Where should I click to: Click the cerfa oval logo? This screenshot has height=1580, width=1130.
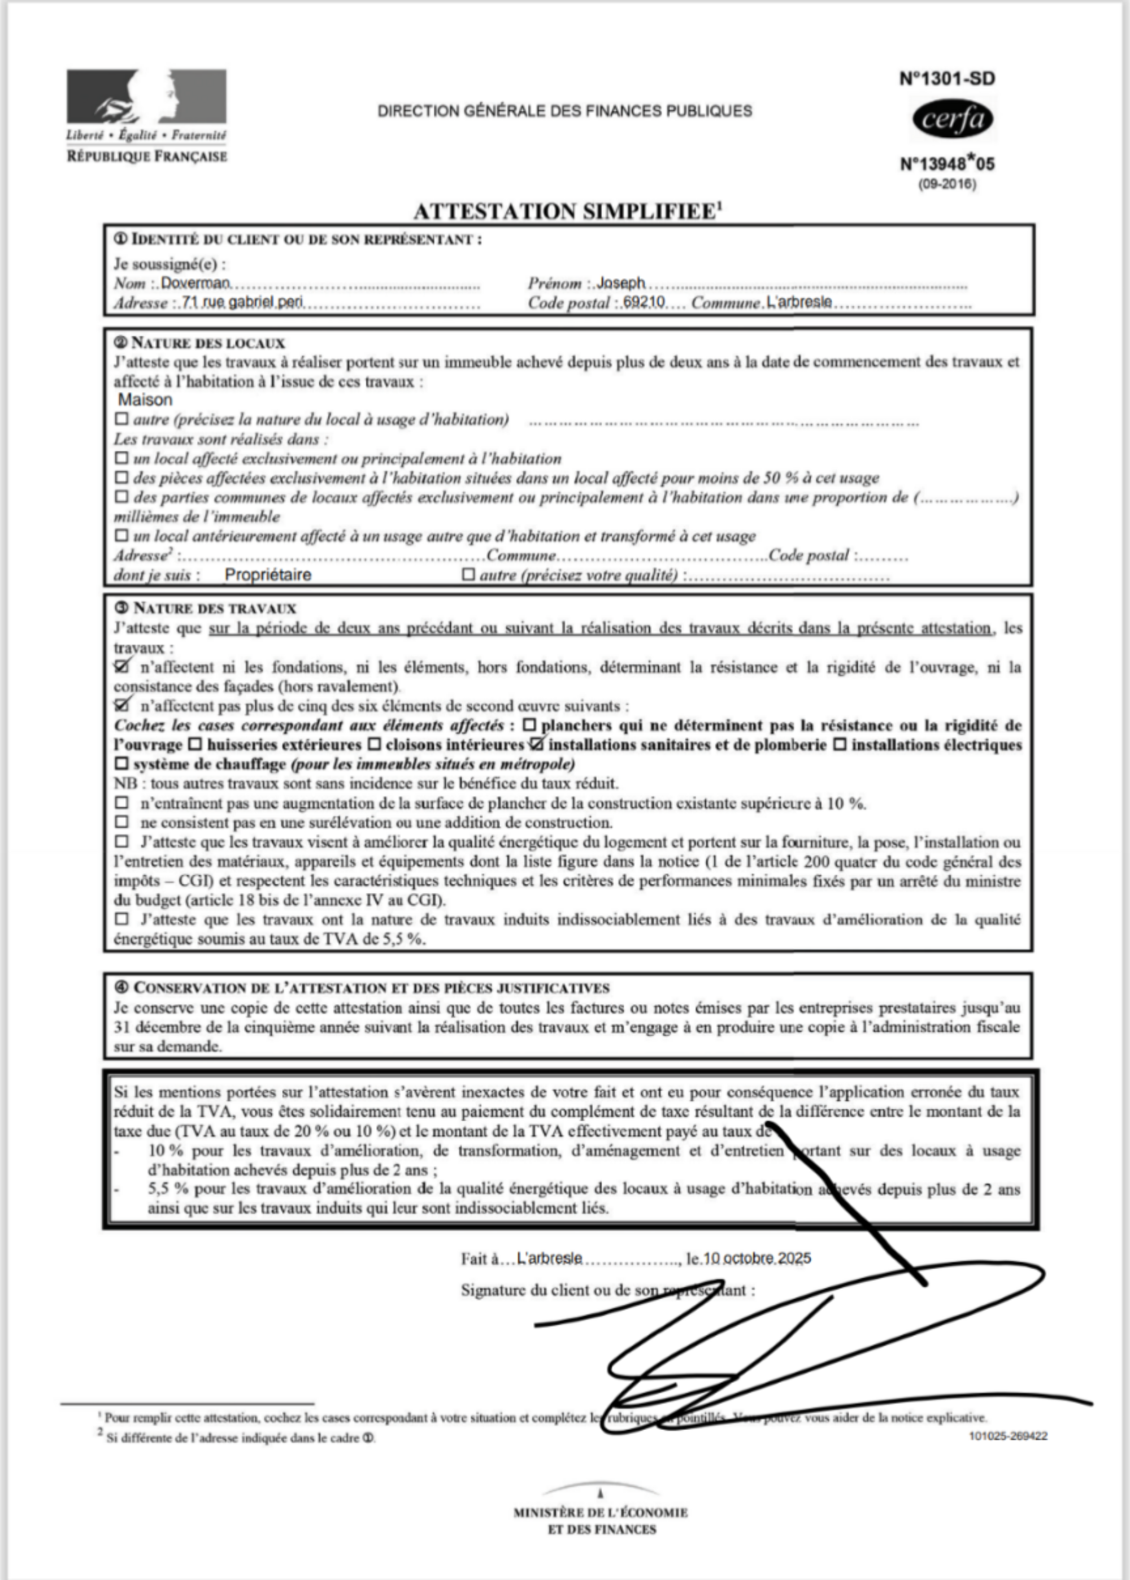[x=952, y=120]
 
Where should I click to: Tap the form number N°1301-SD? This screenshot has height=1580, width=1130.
[x=947, y=79]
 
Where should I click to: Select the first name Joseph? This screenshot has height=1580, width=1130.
[x=621, y=283]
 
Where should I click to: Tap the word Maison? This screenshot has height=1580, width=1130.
[x=145, y=400]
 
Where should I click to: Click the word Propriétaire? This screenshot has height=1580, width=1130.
[x=268, y=575]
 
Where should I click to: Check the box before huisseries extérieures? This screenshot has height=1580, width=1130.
[x=195, y=744]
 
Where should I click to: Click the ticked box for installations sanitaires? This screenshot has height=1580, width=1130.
[x=536, y=744]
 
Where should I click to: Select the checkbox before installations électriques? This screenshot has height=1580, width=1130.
[x=840, y=744]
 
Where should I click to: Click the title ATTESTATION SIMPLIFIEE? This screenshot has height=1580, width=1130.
[x=564, y=211]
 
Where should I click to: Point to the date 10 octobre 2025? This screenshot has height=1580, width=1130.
[x=757, y=1258]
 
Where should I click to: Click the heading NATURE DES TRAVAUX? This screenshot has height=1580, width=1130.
[x=214, y=608]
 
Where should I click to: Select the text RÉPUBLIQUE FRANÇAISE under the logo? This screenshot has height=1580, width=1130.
[x=147, y=156]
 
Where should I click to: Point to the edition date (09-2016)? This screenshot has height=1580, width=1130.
[x=947, y=184]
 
